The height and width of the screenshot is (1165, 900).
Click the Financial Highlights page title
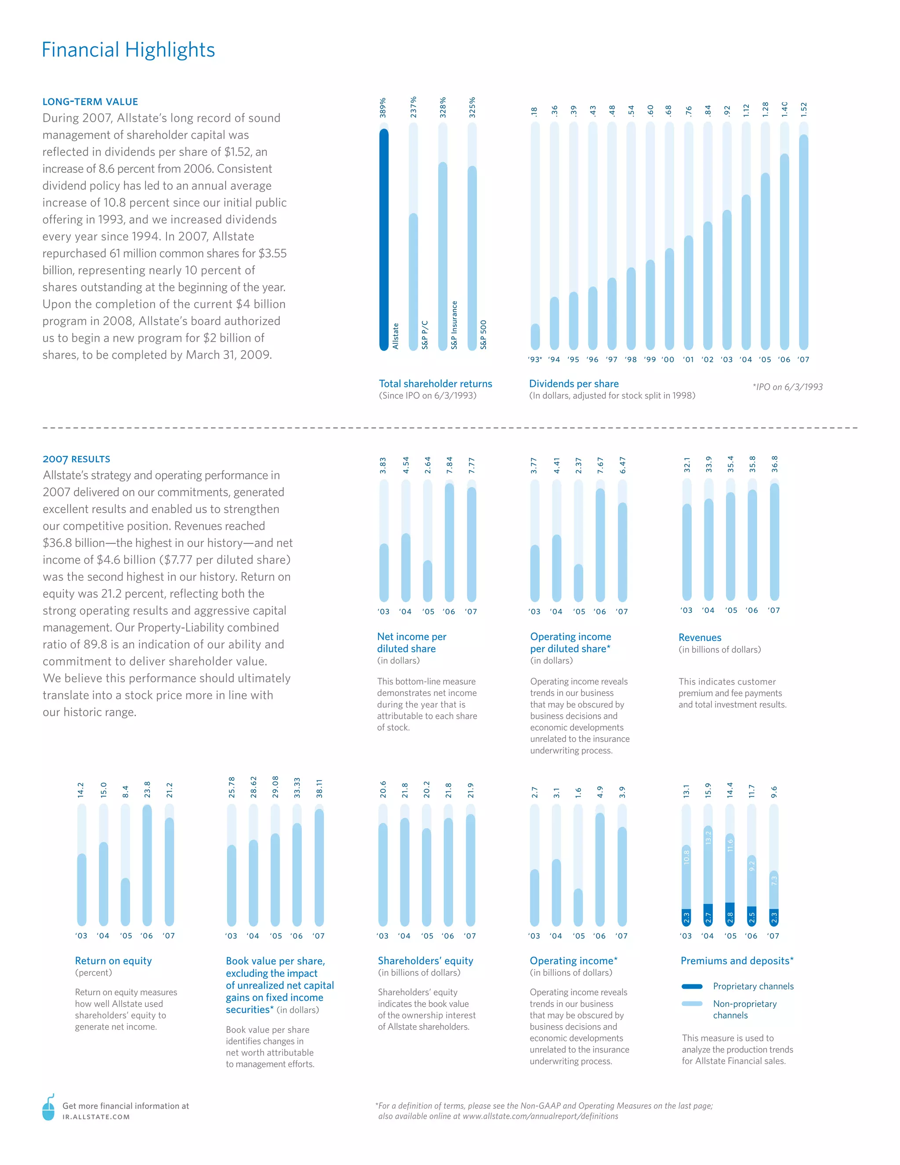[x=128, y=50]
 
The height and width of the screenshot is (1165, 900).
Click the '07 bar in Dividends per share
[x=803, y=243]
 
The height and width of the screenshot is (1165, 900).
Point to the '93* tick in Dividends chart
[x=535, y=360]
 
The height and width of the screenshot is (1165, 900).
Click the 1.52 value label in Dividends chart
[x=803, y=109]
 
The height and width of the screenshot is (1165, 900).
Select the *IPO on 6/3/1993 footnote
[x=787, y=387]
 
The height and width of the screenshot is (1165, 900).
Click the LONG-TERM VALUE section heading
[x=90, y=102]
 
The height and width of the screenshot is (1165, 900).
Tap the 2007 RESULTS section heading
[x=76, y=459]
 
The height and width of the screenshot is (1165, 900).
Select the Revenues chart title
[x=700, y=637]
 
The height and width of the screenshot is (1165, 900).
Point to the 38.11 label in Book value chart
[x=319, y=788]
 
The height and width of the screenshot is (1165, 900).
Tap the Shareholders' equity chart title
[x=425, y=961]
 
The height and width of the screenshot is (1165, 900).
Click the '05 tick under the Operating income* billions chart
[x=578, y=936]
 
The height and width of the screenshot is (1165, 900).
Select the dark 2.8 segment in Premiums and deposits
[x=730, y=914]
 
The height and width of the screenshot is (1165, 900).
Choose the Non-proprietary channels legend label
[x=744, y=1009]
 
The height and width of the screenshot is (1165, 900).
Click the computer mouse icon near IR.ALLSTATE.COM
[x=48, y=1107]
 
